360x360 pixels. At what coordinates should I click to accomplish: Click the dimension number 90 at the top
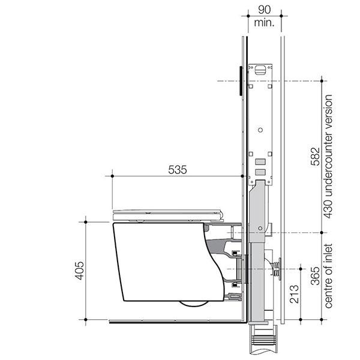(262, 10)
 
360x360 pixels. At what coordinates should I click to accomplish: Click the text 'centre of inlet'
(328, 277)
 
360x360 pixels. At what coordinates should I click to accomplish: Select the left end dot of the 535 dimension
(113, 176)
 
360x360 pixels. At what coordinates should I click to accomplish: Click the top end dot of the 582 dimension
(323, 80)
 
